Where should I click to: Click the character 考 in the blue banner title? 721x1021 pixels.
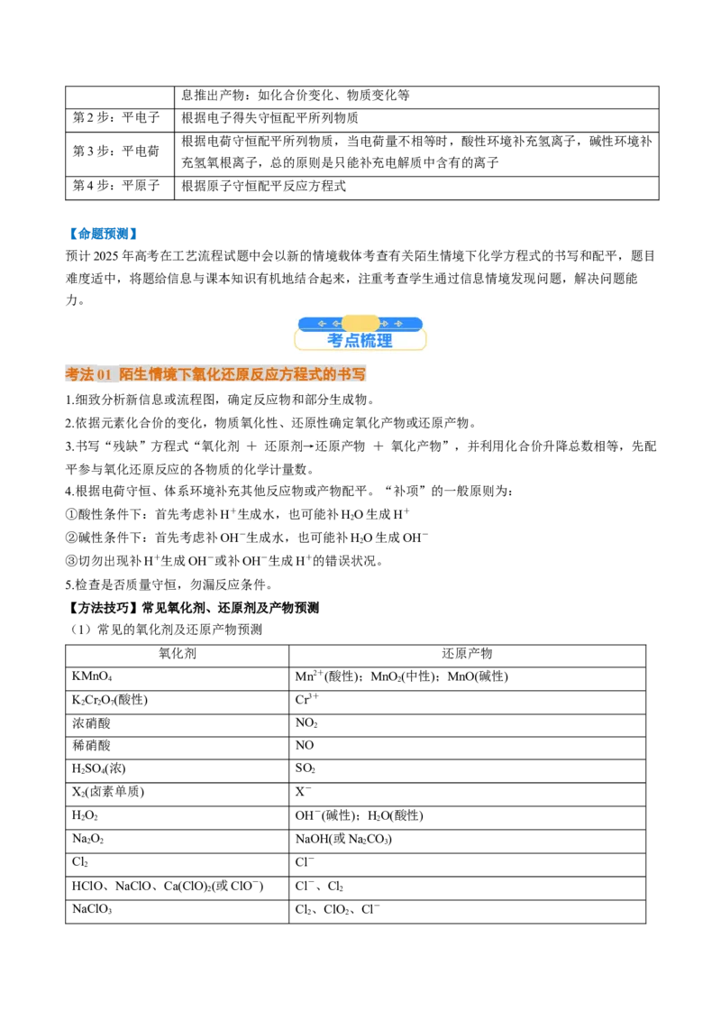coord(335,341)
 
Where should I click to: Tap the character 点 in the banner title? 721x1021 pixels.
coord(351,341)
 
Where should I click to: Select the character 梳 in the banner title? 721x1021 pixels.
coord(368,341)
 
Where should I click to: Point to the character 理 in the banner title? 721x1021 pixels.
coord(385,341)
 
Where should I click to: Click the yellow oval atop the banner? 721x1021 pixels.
coord(360,323)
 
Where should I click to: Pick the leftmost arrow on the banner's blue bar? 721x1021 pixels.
coord(322,324)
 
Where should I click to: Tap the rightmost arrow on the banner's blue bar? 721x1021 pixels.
coord(397,324)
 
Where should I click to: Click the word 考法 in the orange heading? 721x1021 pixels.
coord(79,374)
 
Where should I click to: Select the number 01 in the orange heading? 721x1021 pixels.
coord(104,374)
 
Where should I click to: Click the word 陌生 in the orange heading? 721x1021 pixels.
coord(133,374)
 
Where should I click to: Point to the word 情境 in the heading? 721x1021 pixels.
coord(162,374)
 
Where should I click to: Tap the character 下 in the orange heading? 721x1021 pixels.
coord(185,374)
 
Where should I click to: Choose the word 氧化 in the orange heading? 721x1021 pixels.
coord(206,374)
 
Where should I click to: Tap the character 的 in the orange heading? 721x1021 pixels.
coord(330,374)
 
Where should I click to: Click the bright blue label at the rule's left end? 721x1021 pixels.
coord(102,234)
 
